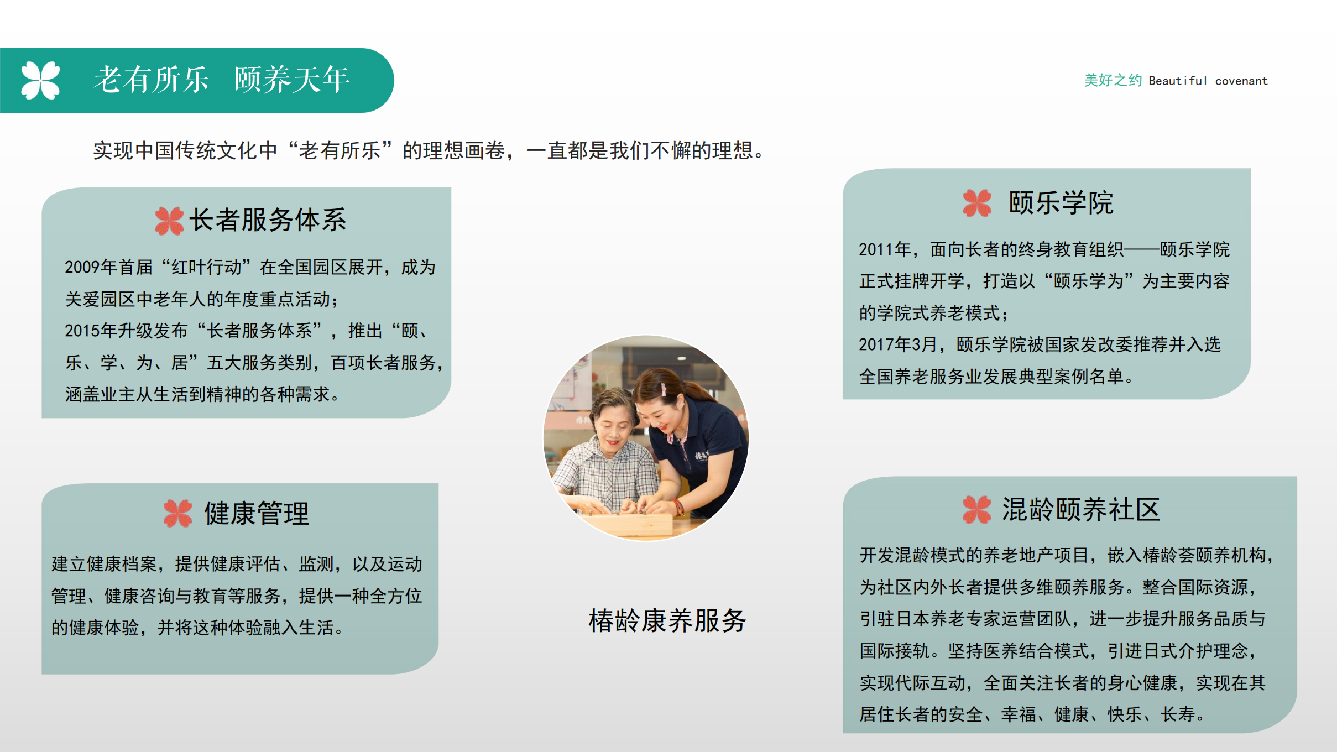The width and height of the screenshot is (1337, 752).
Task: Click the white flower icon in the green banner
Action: coord(40,80)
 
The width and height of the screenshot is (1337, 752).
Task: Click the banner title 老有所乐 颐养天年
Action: coord(222,80)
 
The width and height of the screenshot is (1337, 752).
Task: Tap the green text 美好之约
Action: coord(1113,81)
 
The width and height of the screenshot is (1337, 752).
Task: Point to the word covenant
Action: coord(1241,81)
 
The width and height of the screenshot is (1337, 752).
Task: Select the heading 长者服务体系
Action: coord(268,220)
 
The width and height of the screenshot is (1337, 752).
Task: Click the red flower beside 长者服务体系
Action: coord(169,221)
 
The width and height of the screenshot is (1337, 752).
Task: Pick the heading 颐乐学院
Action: coord(1061,203)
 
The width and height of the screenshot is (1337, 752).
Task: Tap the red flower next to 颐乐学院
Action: coord(977,203)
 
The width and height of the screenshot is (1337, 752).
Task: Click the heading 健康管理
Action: coord(257,513)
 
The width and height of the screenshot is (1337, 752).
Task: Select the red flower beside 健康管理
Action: coord(177,513)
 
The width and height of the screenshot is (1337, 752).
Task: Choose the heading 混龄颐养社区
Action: coord(1081,509)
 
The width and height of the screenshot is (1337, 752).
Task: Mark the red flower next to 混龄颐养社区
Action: coord(976,509)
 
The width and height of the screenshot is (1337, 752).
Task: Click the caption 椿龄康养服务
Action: coord(667,620)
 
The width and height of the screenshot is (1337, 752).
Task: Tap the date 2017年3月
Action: coord(897,345)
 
